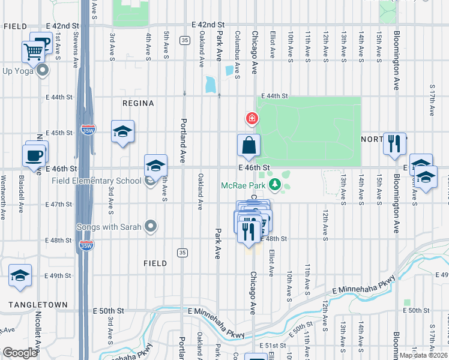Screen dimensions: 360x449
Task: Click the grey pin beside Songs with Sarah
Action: click(151, 227)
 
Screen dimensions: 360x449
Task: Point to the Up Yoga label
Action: click(16, 71)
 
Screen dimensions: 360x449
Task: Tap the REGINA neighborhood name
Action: click(138, 103)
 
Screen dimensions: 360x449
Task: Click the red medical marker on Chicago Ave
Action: click(252, 118)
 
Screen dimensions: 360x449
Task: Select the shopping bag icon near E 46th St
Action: click(249, 145)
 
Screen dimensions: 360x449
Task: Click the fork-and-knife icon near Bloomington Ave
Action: click(394, 143)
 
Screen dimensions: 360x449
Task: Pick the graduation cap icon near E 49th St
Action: click(20, 275)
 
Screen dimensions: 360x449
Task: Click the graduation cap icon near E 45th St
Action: click(122, 131)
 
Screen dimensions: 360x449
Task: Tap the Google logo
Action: click(20, 353)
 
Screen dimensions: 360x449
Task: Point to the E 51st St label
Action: click(273, 346)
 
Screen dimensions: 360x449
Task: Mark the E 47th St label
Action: click(59, 205)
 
